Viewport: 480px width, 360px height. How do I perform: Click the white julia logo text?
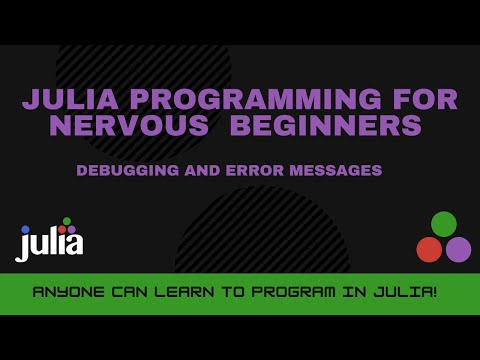pyautogui.click(x=50, y=242)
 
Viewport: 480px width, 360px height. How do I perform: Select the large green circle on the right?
pyautogui.click(x=443, y=224)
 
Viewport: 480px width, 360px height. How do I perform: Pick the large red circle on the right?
pyautogui.click(x=429, y=249)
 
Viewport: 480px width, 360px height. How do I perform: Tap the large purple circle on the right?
pyautogui.click(x=458, y=249)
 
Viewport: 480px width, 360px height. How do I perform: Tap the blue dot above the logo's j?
pyautogui.click(x=25, y=230)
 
